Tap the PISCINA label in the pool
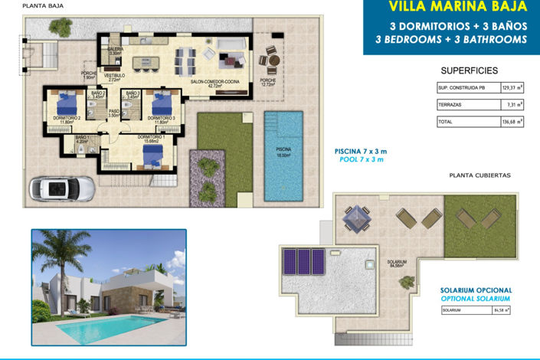(283, 152)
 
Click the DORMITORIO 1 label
(149, 138)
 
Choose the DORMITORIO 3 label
(161, 119)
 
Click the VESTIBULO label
(115, 77)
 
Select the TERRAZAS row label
(450, 104)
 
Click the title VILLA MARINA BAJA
(457, 8)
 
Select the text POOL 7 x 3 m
(361, 159)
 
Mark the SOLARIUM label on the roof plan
(397, 263)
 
